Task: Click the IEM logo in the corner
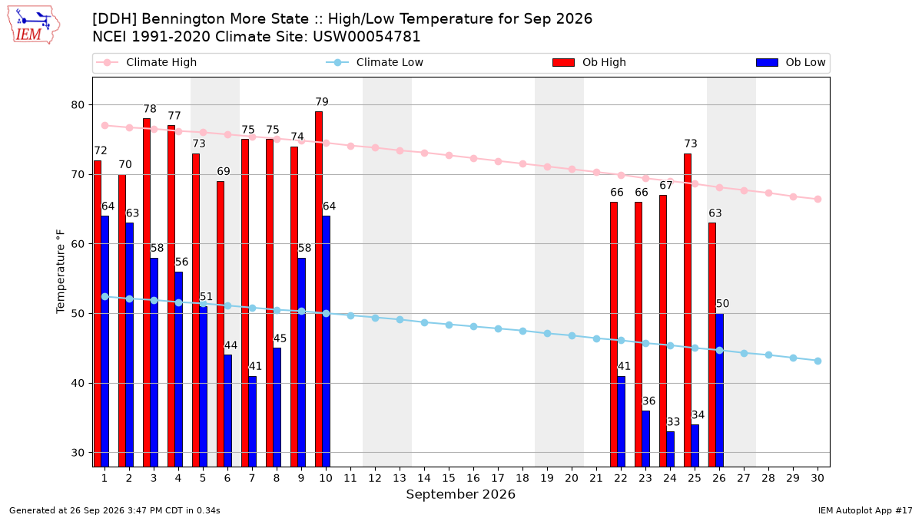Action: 33,25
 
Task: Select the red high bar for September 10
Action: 319,289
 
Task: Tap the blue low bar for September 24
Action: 670,449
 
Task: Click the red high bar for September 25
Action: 688,310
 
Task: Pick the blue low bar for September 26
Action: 719,390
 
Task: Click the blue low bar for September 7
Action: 252,421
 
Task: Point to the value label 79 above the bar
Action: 322,101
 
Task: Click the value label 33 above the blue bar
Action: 673,422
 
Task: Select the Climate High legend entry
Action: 147,62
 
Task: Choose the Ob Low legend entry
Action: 791,62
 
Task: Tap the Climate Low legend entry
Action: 374,62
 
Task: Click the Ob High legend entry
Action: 589,62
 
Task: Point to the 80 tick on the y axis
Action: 78,105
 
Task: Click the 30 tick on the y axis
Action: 78,453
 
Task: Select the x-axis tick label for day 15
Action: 449,478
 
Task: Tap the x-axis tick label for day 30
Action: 818,478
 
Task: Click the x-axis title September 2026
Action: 460,494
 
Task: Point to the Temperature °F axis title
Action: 61,272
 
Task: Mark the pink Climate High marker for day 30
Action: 818,199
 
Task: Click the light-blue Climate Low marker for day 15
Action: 449,325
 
